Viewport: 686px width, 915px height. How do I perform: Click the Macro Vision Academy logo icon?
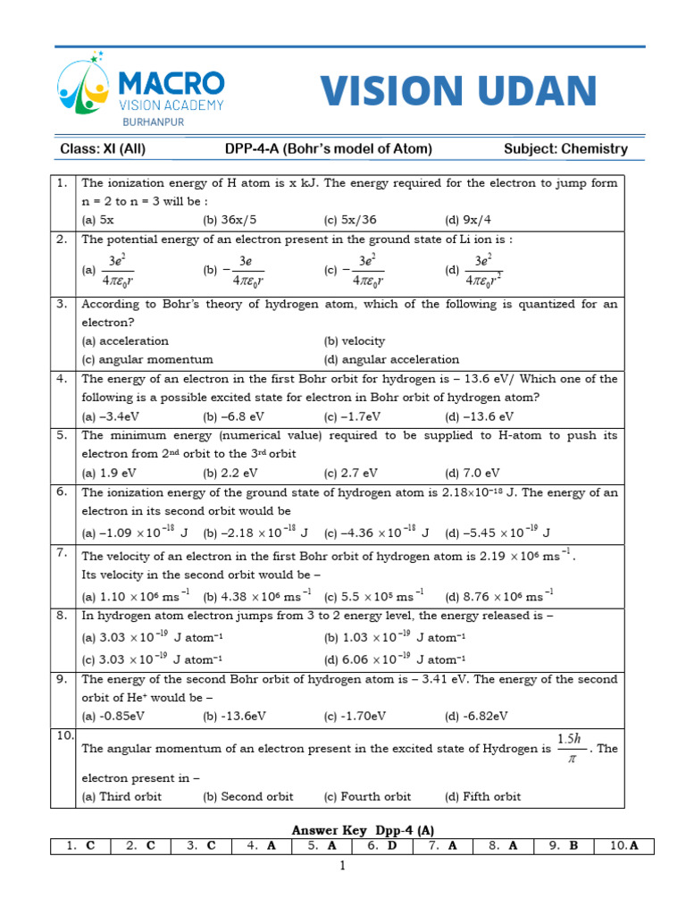point(82,85)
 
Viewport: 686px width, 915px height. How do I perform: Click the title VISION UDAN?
point(458,91)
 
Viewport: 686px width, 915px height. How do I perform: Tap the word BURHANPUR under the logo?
point(153,122)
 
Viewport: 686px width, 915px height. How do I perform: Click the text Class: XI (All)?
point(102,149)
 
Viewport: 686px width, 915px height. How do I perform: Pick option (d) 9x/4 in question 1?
point(469,219)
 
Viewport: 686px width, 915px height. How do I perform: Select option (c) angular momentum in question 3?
point(147,359)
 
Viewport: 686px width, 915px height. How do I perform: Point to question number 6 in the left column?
point(63,492)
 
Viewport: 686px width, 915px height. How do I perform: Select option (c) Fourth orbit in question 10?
point(367,796)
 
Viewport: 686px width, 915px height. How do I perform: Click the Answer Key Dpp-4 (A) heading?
point(364,829)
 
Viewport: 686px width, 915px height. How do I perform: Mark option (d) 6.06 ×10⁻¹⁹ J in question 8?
point(390,659)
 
